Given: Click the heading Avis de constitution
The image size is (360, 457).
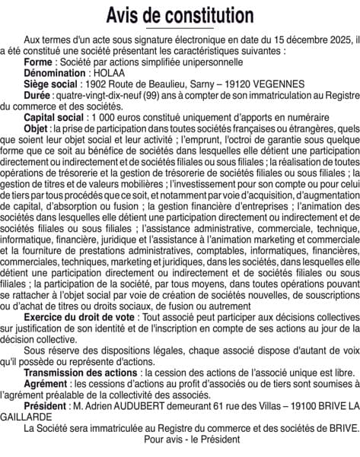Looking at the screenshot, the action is (180, 14).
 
